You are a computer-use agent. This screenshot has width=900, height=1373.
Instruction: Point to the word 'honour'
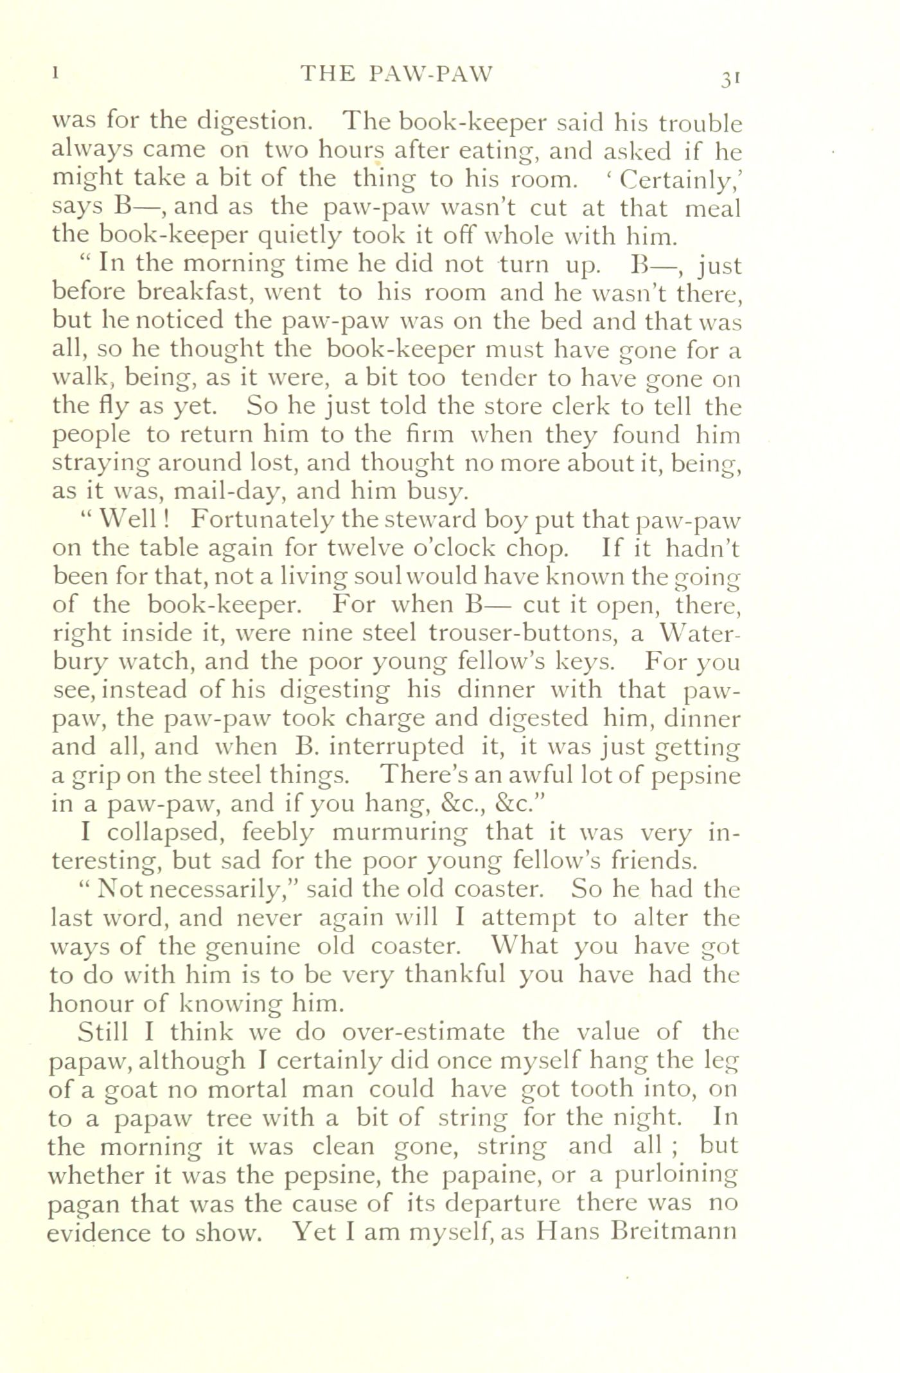coord(93,1004)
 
